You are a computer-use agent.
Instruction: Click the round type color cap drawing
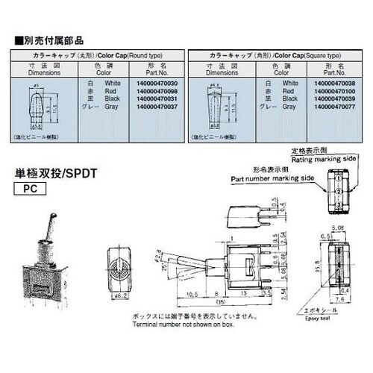click(x=37, y=107)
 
